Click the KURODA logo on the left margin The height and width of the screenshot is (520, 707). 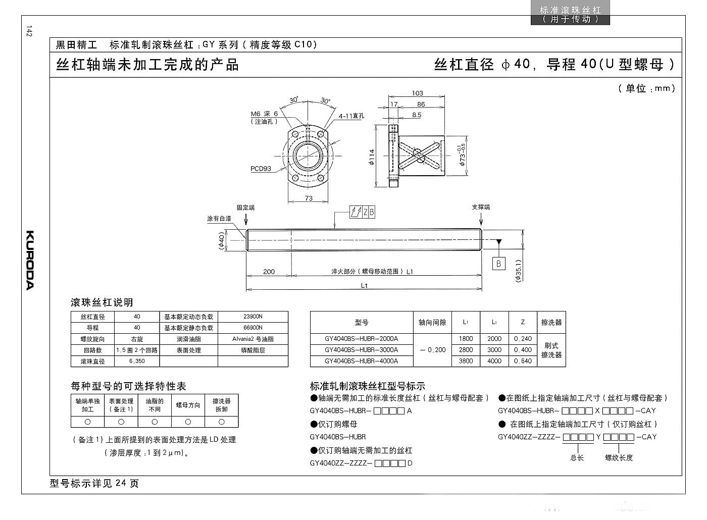pyautogui.click(x=30, y=260)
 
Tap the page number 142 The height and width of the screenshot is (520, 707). pyautogui.click(x=29, y=31)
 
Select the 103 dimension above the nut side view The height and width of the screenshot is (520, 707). pyautogui.click(x=417, y=93)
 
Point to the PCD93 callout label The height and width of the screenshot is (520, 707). pyautogui.click(x=261, y=169)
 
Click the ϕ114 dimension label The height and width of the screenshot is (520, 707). pyautogui.click(x=372, y=157)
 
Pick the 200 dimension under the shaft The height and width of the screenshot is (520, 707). pyautogui.click(x=269, y=272)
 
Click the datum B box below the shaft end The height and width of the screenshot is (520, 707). pyautogui.click(x=499, y=264)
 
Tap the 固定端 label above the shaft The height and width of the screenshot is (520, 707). pyautogui.click(x=245, y=207)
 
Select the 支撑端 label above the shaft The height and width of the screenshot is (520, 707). pyautogui.click(x=481, y=207)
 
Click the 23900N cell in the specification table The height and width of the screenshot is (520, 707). pyautogui.click(x=253, y=317)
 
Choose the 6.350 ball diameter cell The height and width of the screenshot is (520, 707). pyautogui.click(x=137, y=361)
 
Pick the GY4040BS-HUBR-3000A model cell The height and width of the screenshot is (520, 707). pyautogui.click(x=362, y=350)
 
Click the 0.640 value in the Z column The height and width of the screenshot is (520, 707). pyautogui.click(x=523, y=361)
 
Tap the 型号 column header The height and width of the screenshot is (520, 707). pyautogui.click(x=362, y=323)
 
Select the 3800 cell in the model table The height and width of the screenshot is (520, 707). pyautogui.click(x=466, y=361)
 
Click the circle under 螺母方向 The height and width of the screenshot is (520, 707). pyautogui.click(x=188, y=422)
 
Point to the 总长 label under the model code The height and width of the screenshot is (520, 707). pyautogui.click(x=577, y=458)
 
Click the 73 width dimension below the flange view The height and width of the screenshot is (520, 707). pyautogui.click(x=309, y=198)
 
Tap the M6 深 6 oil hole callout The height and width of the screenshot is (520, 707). pyautogui.click(x=264, y=114)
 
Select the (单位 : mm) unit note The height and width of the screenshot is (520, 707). pyautogui.click(x=646, y=88)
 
